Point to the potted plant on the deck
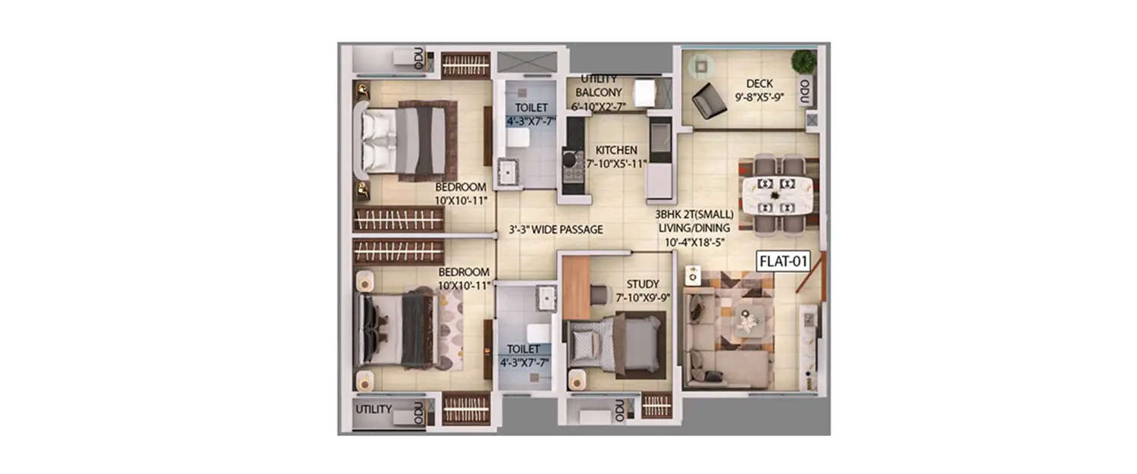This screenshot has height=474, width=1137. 803,61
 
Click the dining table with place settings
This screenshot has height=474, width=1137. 777,194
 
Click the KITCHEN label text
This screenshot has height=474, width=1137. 615,150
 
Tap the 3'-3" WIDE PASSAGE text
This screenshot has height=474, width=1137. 556,229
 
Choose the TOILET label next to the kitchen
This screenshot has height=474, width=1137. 531,108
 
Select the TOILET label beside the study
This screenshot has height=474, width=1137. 524,348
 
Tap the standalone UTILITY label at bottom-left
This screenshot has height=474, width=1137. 374,410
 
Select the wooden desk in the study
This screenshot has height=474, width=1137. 577,288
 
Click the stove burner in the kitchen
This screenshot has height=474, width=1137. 569,159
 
